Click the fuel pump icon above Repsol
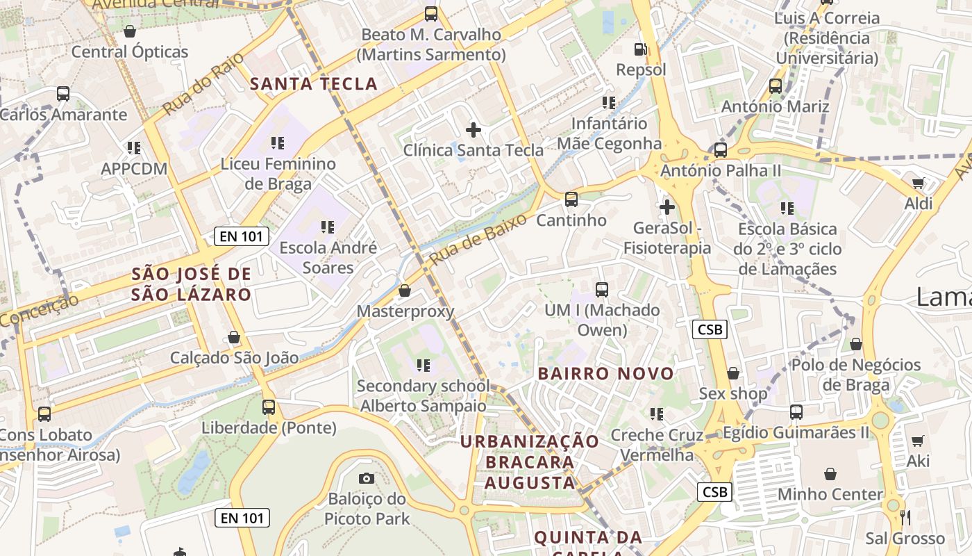click(641, 49)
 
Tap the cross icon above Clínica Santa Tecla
click(474, 129)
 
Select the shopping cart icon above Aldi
click(919, 183)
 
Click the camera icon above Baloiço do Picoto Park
click(366, 478)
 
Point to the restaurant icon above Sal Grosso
click(905, 517)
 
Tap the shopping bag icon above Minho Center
click(830, 474)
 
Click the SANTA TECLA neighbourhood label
click(314, 84)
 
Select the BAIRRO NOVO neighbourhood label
click(606, 373)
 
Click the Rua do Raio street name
click(203, 83)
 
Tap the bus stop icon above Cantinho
click(571, 199)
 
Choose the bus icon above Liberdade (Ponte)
click(269, 407)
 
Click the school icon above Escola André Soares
click(327, 227)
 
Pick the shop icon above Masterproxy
click(405, 291)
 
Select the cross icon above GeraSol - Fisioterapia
click(667, 207)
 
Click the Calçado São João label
click(235, 358)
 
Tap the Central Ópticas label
click(130, 51)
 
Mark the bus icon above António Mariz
click(776, 86)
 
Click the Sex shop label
click(733, 394)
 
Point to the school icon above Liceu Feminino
click(278, 143)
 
